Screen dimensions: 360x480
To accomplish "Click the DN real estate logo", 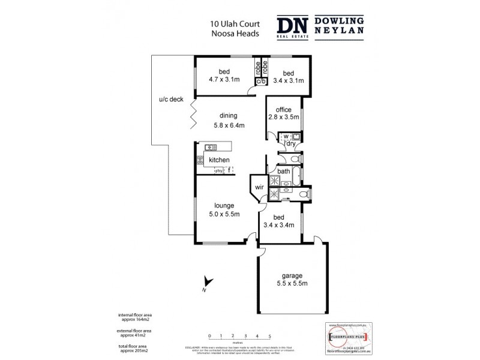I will click(x=294, y=28).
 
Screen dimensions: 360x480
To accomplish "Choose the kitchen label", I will click(x=219, y=160).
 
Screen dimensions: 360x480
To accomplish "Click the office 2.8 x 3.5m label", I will click(x=283, y=113).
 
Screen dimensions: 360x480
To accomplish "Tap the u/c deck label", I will click(x=170, y=100).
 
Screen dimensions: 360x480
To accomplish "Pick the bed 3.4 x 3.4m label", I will click(x=279, y=221).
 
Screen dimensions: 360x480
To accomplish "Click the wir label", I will click(x=259, y=187).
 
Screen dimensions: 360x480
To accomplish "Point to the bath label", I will click(x=283, y=172).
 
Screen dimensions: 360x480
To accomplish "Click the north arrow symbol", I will click(x=208, y=281).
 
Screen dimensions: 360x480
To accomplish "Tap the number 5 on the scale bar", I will click(x=270, y=336).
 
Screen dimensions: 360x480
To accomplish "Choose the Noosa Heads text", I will click(x=234, y=34).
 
